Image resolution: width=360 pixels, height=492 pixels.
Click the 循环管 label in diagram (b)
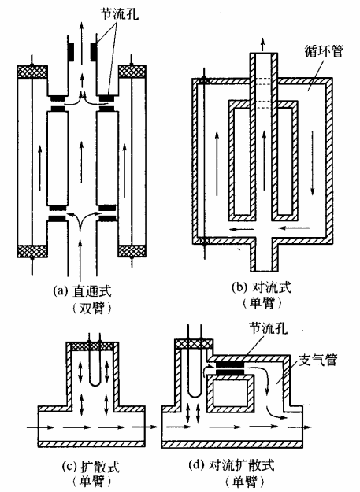[324, 51]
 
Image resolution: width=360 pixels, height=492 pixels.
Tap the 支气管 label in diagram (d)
[317, 361]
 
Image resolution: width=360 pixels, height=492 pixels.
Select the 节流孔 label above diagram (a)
[119, 13]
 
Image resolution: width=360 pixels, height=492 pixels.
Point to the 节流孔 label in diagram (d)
[268, 328]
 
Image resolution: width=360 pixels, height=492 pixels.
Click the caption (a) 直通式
[82, 290]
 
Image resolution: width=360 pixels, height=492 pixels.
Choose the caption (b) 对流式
[261, 287]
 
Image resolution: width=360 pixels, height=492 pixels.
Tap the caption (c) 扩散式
[91, 467]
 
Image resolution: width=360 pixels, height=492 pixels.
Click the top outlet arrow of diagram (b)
[263, 44]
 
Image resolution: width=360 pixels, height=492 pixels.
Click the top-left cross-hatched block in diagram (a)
[32, 72]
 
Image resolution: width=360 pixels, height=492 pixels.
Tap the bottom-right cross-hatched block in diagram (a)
[132, 251]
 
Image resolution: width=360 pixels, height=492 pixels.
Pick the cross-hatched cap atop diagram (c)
[91, 346]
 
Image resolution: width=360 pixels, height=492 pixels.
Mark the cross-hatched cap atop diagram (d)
[194, 344]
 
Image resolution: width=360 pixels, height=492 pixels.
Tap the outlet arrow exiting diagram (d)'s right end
[299, 427]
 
